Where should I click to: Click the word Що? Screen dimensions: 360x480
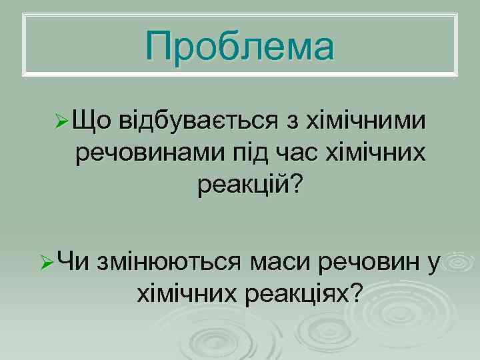(x=93, y=123)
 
